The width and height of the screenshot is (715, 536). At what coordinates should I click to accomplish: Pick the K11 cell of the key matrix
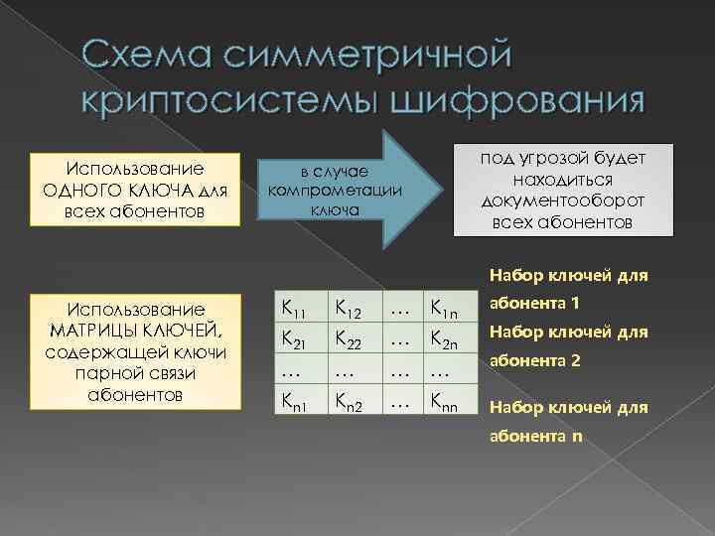294,310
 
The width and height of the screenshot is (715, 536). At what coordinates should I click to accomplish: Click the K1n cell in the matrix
441,310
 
